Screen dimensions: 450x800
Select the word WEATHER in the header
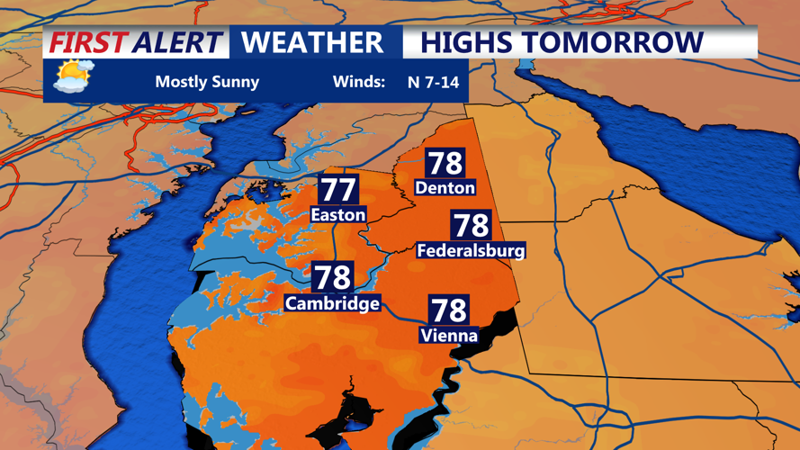312,42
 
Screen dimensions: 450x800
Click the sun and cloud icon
73,77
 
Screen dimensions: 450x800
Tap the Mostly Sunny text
207,82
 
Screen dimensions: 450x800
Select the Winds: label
359,82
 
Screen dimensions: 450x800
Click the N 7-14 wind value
433,82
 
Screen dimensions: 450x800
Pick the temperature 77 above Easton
338,190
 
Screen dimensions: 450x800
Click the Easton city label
337,214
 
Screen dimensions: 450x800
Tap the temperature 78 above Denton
445,163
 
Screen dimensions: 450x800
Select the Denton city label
445,187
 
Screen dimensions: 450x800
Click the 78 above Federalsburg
471,225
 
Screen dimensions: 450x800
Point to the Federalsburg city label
471,250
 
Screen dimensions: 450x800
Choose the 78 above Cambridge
332,277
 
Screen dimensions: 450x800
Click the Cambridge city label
332,303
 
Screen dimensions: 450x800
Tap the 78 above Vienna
448,310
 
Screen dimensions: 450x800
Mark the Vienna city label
448,336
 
